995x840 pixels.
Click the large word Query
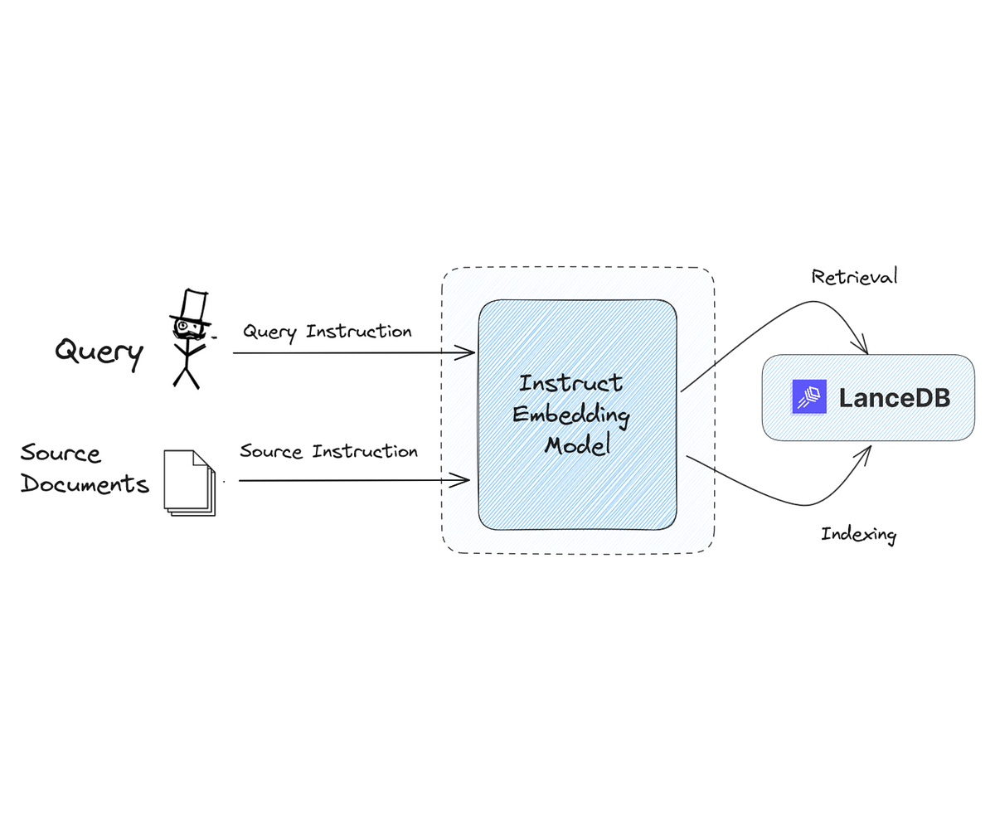(99, 351)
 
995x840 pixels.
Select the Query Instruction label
(327, 332)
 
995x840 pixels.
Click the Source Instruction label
(328, 451)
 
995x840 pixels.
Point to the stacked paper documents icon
(189, 483)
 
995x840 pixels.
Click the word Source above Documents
(61, 453)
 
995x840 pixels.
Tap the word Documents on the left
(85, 483)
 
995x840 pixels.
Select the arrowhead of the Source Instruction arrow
(465, 479)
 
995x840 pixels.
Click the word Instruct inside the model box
(570, 383)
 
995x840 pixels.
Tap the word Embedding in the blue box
(570, 414)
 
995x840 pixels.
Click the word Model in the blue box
(577, 445)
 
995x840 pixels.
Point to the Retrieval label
(854, 277)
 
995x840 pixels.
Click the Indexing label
(858, 534)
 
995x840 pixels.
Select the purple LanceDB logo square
(809, 397)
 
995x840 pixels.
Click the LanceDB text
(894, 397)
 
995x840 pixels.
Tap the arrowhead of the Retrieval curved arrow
(862, 346)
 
